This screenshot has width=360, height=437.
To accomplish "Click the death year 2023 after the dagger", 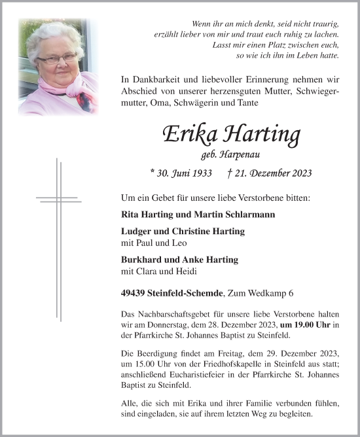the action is point(298,173).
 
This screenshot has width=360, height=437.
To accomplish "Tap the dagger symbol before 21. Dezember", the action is point(228,173).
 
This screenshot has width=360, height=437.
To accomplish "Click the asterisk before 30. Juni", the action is point(152,173).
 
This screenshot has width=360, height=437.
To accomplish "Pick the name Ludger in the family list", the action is point(137,232).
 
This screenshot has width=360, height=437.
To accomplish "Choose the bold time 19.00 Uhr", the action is point(302,325).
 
